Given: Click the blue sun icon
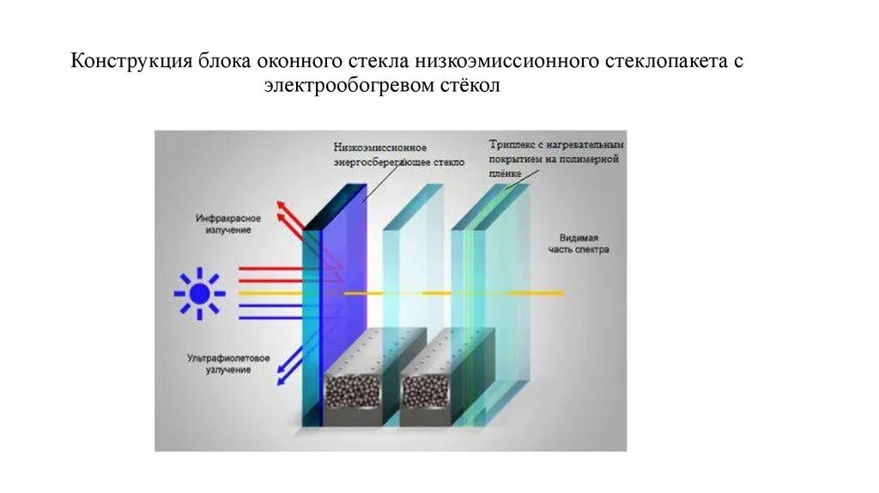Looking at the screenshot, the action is (199, 295).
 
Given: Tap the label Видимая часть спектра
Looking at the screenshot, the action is (579, 244).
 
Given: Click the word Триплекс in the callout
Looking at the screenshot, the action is (512, 144).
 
